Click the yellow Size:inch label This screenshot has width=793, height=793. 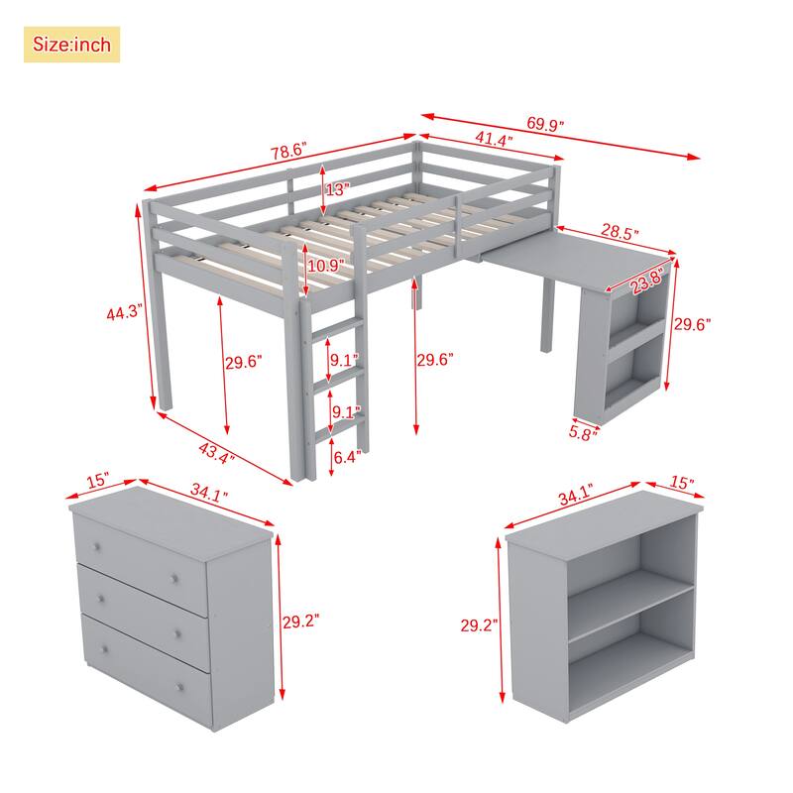(x=71, y=45)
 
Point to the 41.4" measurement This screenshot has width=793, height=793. (x=493, y=141)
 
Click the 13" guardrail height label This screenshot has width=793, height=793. (x=337, y=188)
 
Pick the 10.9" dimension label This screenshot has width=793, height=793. (x=325, y=267)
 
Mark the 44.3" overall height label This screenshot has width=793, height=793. (x=126, y=313)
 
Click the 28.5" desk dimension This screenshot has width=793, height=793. (x=620, y=233)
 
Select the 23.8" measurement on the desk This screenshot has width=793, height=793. (x=648, y=282)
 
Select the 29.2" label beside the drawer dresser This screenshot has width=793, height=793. (x=301, y=623)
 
